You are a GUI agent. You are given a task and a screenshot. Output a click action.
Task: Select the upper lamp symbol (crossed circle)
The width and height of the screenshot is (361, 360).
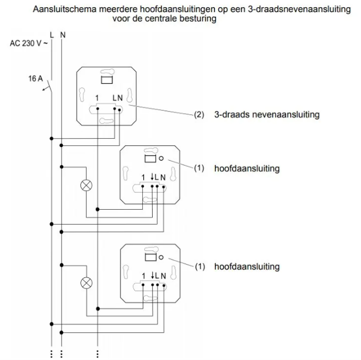click(87, 184)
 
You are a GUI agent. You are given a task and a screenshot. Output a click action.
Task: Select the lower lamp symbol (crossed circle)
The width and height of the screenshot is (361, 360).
click(87, 282)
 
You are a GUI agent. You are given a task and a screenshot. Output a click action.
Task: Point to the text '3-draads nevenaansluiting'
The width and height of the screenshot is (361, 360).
click(267, 115)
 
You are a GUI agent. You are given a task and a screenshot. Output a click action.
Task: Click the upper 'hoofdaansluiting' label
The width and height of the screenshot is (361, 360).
click(247, 168)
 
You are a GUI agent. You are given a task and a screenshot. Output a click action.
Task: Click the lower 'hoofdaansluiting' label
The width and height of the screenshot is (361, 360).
click(247, 267)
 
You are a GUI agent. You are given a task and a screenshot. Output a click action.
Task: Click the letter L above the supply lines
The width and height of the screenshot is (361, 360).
click(52, 34)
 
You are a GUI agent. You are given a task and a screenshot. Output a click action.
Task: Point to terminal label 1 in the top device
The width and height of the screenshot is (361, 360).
click(97, 98)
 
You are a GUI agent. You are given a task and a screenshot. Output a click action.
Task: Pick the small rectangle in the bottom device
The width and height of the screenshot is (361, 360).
click(148, 257)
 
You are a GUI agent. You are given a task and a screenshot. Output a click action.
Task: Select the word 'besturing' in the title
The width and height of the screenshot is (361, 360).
click(197, 19)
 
